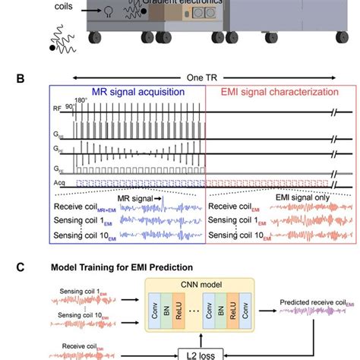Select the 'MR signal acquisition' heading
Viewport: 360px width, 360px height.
tap(129, 93)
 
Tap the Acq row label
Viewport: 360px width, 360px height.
tap(59, 183)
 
